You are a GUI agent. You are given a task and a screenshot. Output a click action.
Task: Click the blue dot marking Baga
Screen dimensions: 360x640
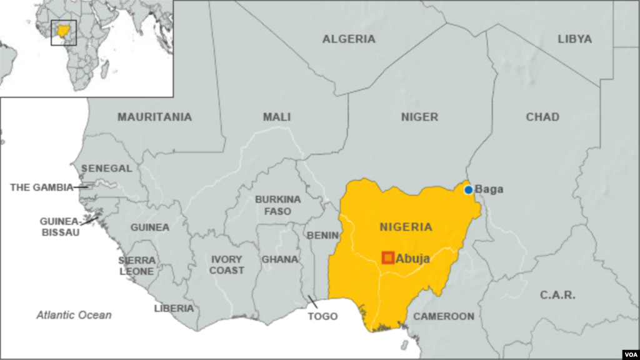[x=468, y=189]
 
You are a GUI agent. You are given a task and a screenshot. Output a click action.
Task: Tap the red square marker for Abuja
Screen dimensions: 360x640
[x=388, y=257]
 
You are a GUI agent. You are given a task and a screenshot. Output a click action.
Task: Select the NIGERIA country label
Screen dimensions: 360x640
[x=406, y=226]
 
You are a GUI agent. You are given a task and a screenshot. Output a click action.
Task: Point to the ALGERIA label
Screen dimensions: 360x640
[x=349, y=39]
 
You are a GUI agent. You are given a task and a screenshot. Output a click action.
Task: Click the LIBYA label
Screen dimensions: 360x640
[x=574, y=39]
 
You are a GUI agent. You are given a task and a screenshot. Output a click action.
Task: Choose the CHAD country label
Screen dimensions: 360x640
[x=542, y=117]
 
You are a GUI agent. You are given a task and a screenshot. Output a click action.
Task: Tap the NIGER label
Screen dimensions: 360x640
[x=419, y=117]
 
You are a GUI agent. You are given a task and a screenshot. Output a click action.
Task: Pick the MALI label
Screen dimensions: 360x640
[x=277, y=117]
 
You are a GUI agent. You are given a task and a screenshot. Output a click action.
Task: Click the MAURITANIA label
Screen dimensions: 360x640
[x=154, y=117]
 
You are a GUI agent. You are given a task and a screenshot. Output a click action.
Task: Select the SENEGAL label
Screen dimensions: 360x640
[x=106, y=169]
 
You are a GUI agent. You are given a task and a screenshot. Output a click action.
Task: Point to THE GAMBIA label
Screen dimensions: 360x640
[x=41, y=187]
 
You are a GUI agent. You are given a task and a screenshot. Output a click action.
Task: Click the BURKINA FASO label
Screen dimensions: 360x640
[x=277, y=206]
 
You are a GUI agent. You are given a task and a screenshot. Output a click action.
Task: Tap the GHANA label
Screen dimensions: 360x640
[x=279, y=259]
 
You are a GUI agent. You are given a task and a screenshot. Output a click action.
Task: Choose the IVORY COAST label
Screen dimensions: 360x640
[x=227, y=265]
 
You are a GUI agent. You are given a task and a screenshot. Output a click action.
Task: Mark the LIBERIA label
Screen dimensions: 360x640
[x=174, y=308]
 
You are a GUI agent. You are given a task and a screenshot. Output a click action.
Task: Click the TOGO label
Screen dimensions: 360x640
[x=322, y=316]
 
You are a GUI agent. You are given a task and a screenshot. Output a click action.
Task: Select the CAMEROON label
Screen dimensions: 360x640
[x=444, y=316]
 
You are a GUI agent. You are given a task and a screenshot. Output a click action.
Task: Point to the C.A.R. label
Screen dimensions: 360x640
[x=557, y=295]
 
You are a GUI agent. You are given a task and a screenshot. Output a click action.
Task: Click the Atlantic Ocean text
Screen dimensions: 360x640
[x=73, y=315]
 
